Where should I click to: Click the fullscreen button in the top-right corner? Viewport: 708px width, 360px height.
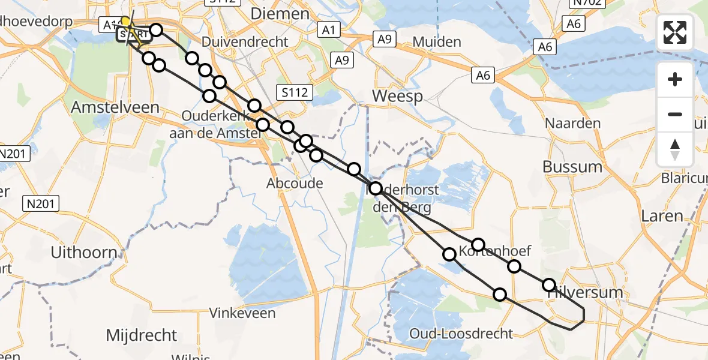[x=675, y=32]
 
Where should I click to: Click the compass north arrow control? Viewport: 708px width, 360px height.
[x=675, y=149]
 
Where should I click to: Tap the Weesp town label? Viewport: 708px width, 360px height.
[x=397, y=96]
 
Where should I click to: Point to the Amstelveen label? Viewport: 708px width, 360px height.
[x=115, y=107]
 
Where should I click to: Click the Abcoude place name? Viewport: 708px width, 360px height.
[x=295, y=184]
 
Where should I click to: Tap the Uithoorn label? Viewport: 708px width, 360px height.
[x=84, y=253]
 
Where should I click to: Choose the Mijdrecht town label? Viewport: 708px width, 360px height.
[x=142, y=335]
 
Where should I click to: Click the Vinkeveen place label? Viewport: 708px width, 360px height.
[x=242, y=313]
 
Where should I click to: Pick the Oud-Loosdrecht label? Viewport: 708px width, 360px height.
[x=461, y=334]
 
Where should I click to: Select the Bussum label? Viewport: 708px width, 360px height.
[x=572, y=166]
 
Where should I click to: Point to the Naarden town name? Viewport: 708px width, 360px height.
[x=572, y=124]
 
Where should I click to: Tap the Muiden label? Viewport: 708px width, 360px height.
[x=437, y=42]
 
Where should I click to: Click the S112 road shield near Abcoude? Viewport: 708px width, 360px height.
[x=295, y=92]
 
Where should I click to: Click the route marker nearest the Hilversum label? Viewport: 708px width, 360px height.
[x=549, y=285]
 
